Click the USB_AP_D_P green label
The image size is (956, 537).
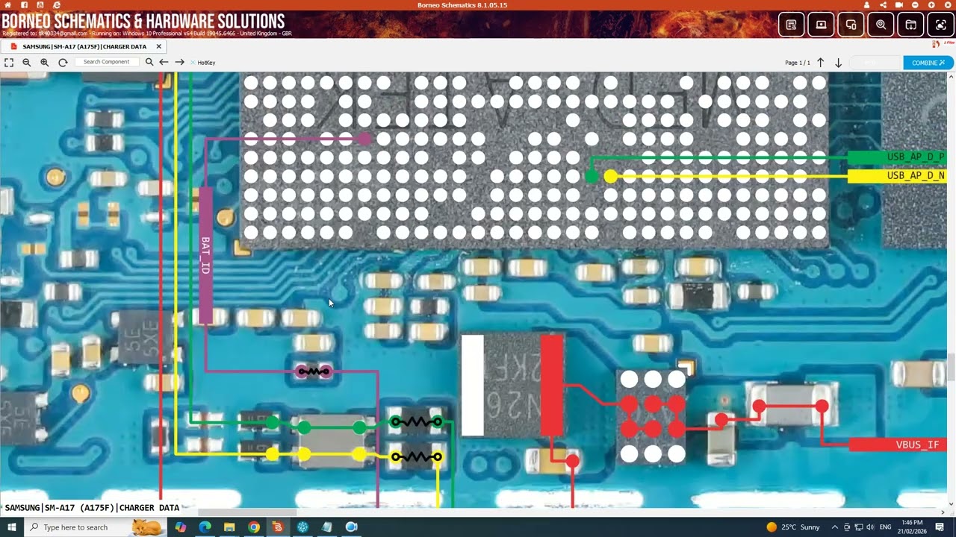(x=900, y=157)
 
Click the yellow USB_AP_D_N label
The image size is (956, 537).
(x=900, y=176)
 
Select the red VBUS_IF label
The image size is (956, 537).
(x=902, y=445)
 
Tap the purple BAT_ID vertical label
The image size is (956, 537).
(x=205, y=255)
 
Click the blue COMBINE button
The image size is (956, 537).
(x=928, y=63)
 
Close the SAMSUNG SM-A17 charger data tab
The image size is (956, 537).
(x=158, y=46)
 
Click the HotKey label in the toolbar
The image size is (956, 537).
(x=206, y=63)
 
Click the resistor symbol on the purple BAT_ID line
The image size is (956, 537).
(x=314, y=371)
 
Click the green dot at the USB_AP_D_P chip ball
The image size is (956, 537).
(x=592, y=177)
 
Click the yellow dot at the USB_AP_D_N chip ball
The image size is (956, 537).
(x=610, y=177)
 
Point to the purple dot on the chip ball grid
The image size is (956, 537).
(x=364, y=138)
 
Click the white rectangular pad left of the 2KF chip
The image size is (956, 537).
(x=472, y=385)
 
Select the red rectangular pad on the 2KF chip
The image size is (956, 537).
(x=552, y=385)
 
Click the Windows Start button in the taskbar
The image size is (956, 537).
(x=11, y=527)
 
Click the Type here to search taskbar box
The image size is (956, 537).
(x=82, y=527)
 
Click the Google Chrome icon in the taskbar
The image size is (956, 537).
(x=254, y=527)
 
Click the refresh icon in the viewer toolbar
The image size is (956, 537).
(x=63, y=63)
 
